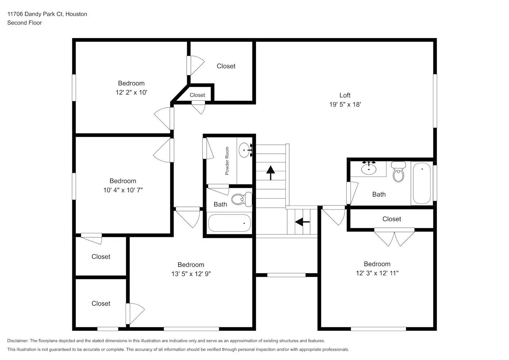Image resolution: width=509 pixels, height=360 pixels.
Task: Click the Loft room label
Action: tap(344, 95)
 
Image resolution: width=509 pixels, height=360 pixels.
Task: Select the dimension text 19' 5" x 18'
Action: tap(344, 104)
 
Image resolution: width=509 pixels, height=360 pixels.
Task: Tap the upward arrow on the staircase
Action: tap(270, 172)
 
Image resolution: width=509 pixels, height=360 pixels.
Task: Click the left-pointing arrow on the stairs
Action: tap(302, 222)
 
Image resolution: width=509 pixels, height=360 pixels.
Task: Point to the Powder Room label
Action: tap(227, 161)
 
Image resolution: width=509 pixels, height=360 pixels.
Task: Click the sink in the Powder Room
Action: tap(245, 150)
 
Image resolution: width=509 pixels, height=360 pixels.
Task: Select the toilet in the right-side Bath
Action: tap(398, 172)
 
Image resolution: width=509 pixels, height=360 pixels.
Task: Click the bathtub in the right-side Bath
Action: tap(422, 183)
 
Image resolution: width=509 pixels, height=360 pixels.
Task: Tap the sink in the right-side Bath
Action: tap(369, 168)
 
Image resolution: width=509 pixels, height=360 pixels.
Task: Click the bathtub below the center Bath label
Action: tap(229, 223)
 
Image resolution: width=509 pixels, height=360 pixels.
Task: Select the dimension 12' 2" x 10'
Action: tap(131, 93)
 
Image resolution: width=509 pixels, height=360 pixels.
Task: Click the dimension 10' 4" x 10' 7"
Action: tap(123, 190)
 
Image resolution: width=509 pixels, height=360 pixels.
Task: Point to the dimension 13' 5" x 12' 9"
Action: tap(191, 274)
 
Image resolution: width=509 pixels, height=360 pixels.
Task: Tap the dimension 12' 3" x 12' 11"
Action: tap(377, 273)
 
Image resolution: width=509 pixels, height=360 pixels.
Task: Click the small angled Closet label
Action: tap(197, 95)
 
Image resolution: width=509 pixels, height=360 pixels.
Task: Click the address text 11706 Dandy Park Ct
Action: tap(47, 14)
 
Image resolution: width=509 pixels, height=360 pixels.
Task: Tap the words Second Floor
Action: tap(24, 23)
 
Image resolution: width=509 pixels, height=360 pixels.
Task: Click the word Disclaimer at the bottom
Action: tap(18, 341)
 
